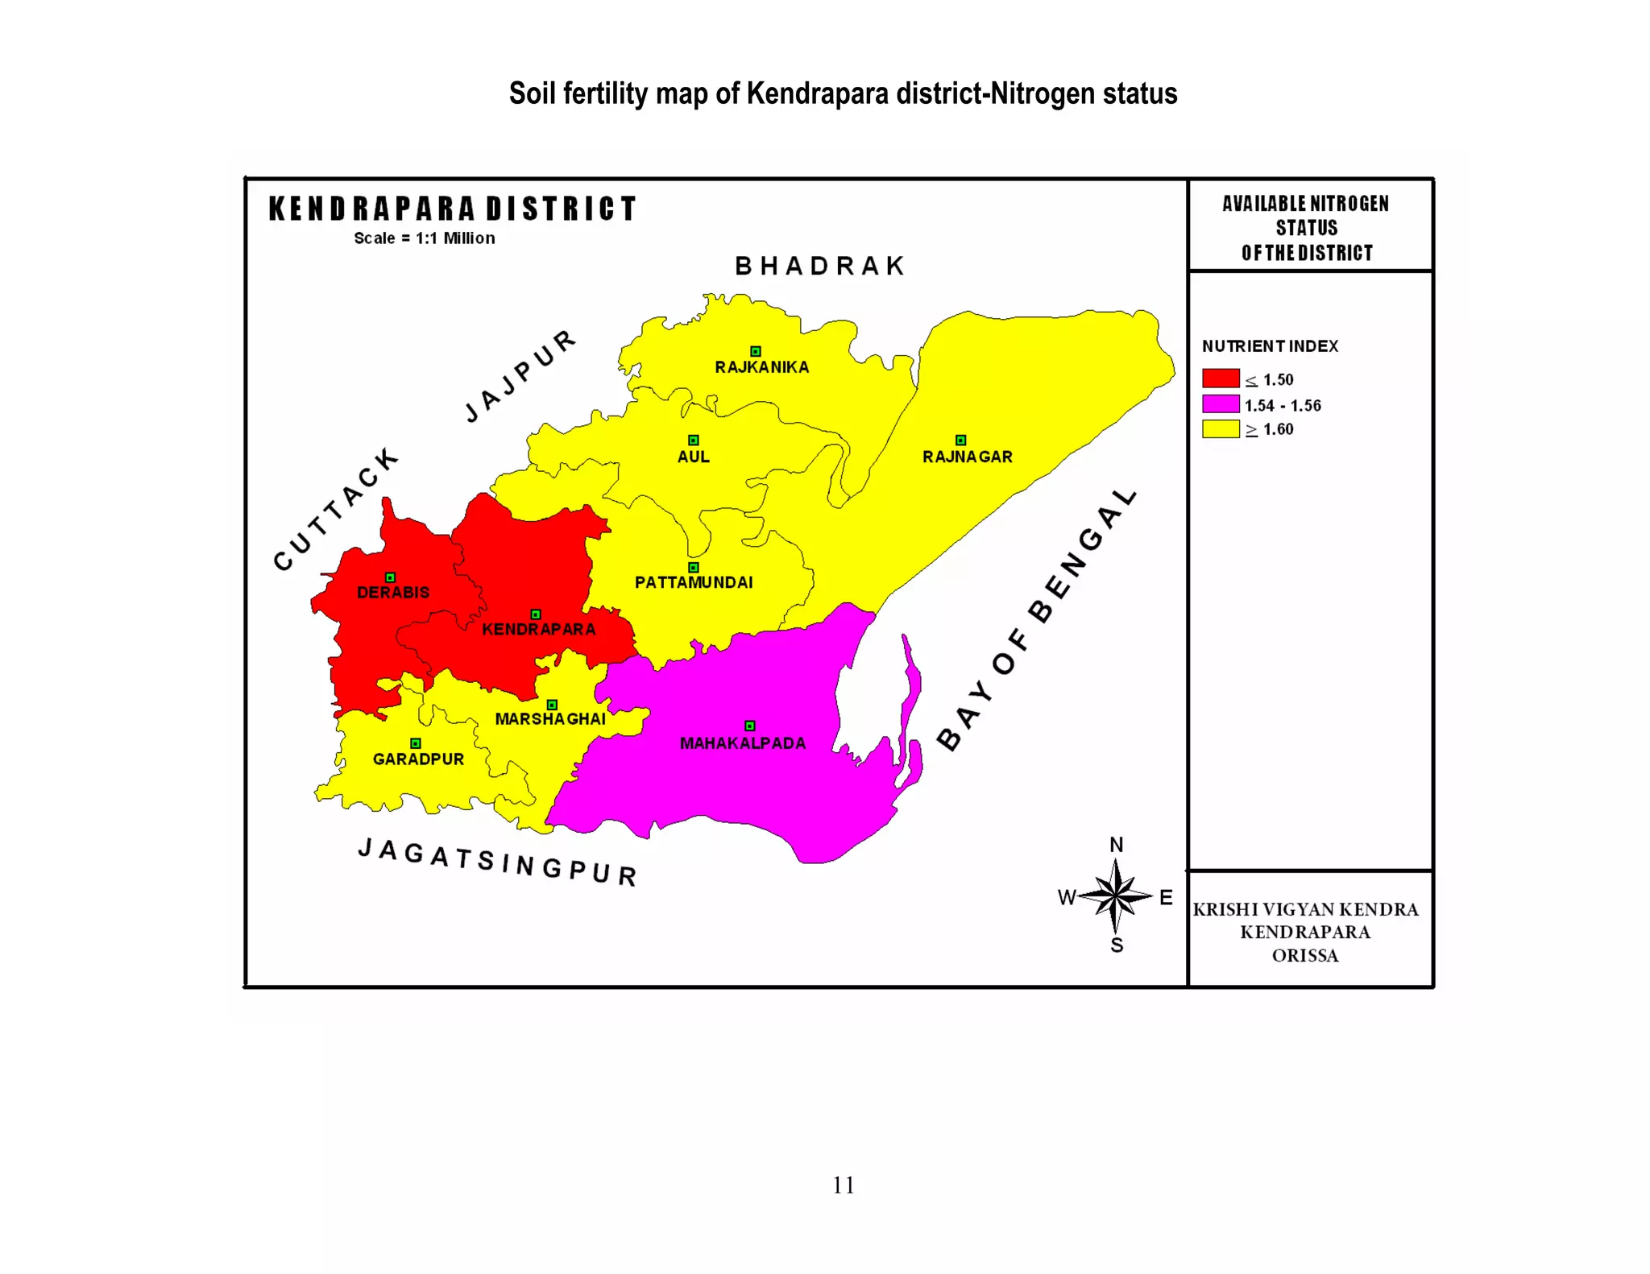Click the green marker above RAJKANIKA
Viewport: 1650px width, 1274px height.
(756, 351)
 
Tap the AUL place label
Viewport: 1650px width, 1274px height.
(693, 457)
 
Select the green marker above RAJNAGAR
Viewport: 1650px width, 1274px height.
(960, 440)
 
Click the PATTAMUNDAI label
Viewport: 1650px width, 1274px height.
(694, 582)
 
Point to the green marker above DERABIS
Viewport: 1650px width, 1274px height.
(390, 577)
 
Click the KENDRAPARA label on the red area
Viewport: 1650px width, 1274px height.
(538, 629)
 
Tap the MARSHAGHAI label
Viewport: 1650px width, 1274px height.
(550, 718)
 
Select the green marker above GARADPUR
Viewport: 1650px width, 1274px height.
(416, 743)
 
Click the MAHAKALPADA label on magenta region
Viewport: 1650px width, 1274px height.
(742, 743)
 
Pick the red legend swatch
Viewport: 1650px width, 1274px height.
(1221, 378)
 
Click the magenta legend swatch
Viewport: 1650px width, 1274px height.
(1221, 403)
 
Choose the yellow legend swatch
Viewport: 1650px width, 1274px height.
(1221, 428)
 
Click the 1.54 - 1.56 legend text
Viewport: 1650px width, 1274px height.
(1283, 406)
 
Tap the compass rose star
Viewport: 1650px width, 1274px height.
(1115, 896)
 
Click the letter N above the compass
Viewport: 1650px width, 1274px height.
(1116, 845)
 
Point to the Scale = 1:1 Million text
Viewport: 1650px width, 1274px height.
(425, 238)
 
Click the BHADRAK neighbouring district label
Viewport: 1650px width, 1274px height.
(820, 266)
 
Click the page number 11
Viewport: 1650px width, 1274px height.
(843, 1185)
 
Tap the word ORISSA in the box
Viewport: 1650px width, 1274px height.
(1305, 956)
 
